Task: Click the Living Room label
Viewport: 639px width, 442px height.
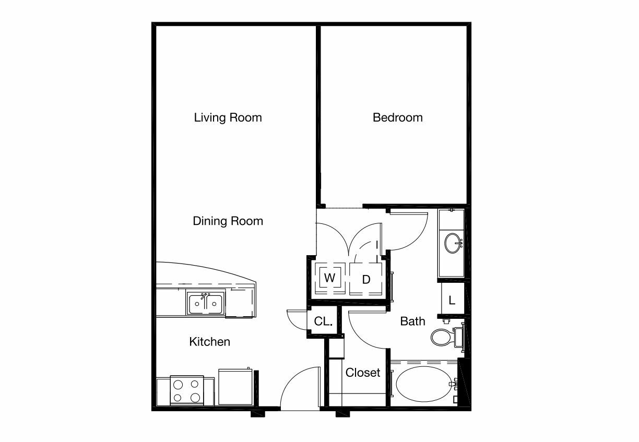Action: (228, 117)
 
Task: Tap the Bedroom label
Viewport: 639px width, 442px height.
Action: (398, 117)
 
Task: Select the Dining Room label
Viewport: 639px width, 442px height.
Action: (228, 221)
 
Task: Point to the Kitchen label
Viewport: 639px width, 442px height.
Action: (210, 342)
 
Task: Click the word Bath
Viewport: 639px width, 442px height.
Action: (412, 321)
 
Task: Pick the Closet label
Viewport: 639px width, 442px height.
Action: (363, 373)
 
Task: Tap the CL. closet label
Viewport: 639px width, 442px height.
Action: (323, 321)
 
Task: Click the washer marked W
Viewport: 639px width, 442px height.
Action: (330, 278)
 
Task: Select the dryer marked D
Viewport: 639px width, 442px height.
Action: (366, 279)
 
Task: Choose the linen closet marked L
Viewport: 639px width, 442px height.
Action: (452, 300)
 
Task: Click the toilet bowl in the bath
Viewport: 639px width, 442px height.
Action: (441, 338)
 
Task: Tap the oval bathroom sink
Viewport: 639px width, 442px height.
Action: (453, 243)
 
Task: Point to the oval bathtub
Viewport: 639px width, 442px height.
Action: (424, 384)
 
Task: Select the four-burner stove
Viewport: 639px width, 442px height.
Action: (187, 390)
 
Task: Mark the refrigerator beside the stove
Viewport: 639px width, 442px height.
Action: (235, 387)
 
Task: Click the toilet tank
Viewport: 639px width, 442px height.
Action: (458, 338)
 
